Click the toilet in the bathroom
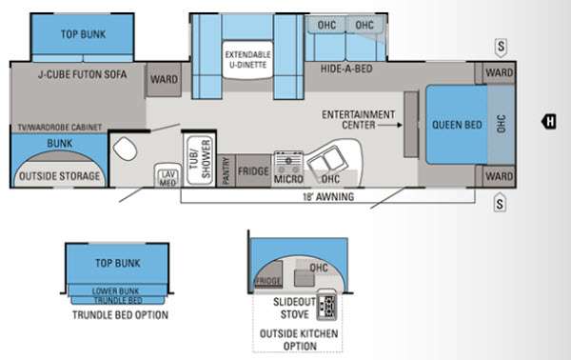click(125, 149)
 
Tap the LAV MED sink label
click(167, 178)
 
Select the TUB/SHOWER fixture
click(200, 160)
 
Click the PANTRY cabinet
click(226, 170)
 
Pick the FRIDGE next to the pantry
click(253, 170)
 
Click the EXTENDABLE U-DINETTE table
click(247, 60)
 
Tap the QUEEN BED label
click(457, 125)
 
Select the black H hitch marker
click(549, 121)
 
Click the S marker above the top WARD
click(502, 47)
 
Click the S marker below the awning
click(500, 203)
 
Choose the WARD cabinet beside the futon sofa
click(164, 79)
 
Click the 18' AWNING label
click(328, 197)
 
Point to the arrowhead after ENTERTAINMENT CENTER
click(400, 125)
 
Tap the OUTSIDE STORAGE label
click(59, 176)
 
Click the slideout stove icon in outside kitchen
click(326, 305)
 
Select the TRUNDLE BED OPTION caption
click(120, 315)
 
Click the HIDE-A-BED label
click(346, 69)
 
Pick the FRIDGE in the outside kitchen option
click(268, 274)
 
